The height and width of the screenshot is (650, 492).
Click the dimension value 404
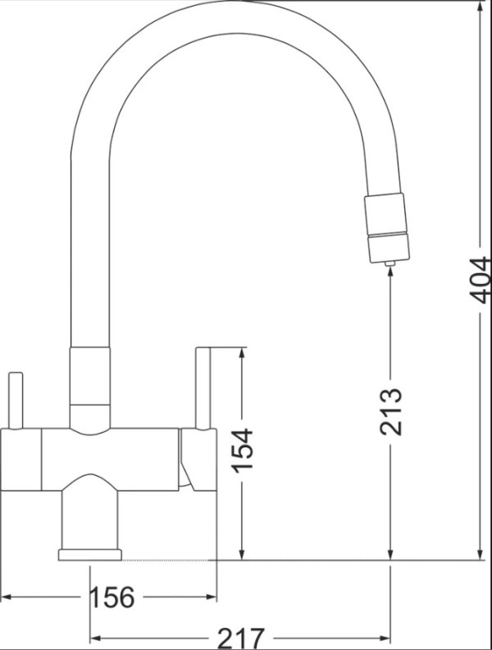coord(480,280)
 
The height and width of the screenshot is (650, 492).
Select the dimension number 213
coord(391,411)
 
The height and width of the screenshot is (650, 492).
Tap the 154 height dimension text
coord(242,451)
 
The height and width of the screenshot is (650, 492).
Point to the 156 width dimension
coord(112,597)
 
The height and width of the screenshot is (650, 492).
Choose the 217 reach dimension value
coord(240,639)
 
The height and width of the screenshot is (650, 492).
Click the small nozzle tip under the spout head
coord(389,263)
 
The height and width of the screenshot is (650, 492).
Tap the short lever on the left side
coord(16,401)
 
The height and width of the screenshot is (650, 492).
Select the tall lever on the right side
coord(203,388)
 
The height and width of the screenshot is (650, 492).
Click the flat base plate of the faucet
coord(90,555)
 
